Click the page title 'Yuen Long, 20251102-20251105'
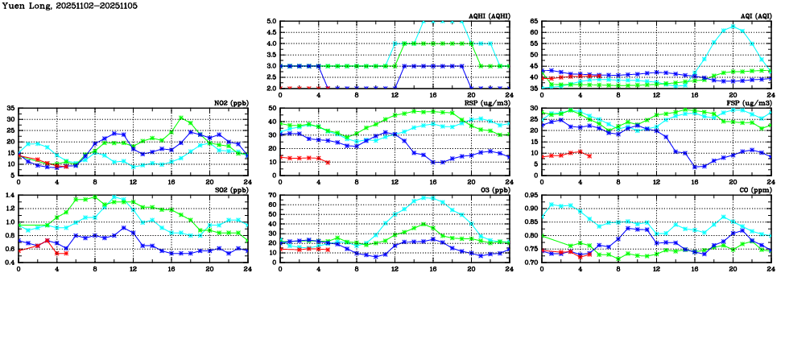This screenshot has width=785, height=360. point(60,6)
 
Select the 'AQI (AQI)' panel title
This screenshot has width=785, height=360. point(754,15)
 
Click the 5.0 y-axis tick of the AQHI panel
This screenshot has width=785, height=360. point(271,22)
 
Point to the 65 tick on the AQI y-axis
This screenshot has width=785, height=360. point(534,22)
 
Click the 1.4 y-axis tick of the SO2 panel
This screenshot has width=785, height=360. point(10,196)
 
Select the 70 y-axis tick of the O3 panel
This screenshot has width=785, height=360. point(272,196)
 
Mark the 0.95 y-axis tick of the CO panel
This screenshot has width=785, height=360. point(531,196)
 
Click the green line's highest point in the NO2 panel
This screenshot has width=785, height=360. point(181,118)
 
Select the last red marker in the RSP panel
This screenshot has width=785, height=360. point(328,162)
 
